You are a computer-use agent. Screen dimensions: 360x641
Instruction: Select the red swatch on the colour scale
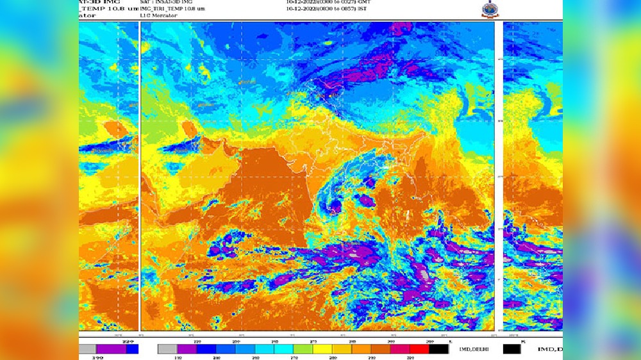coord(419,348)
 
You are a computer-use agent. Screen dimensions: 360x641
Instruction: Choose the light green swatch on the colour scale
coord(303,348)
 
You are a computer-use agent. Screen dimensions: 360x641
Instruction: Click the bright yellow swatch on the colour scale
coord(322,348)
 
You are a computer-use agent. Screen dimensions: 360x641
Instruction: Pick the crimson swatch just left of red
coord(400,348)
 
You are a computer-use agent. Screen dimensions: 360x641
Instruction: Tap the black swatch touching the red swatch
coord(439,348)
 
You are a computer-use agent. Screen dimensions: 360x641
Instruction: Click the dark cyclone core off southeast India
coord(335,207)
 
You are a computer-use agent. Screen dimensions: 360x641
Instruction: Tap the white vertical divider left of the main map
coord(140,176)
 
